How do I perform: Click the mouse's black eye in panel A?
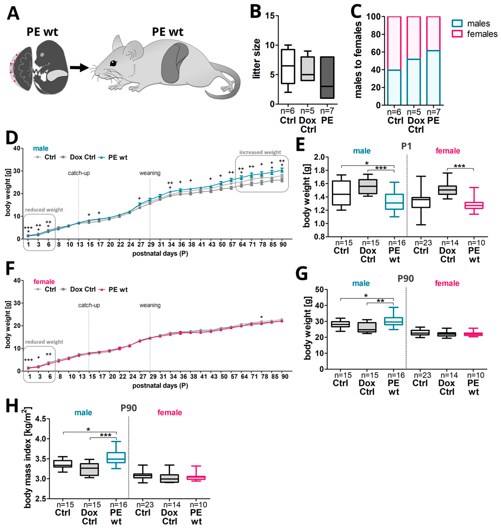point(113,63)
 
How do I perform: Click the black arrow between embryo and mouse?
point(79,68)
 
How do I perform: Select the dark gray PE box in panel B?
point(327,77)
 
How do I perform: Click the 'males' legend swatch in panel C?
point(457,24)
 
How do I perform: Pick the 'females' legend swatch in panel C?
point(457,34)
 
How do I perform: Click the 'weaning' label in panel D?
point(150,173)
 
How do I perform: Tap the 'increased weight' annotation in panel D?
point(260,152)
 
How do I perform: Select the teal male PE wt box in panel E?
point(394,202)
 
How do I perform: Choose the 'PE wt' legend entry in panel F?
point(118,290)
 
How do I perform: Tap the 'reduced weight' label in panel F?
point(44,342)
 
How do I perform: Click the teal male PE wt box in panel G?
point(393,321)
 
